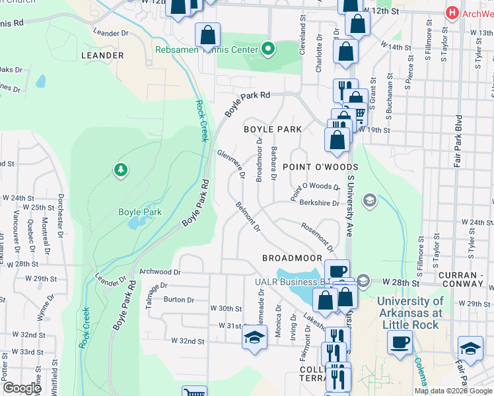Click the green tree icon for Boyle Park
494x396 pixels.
pyautogui.click(x=120, y=171)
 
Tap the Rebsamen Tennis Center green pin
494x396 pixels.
pyautogui.click(x=268, y=49)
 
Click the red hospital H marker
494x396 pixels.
pyautogui.click(x=452, y=13)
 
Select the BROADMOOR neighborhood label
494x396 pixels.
pyautogui.click(x=292, y=257)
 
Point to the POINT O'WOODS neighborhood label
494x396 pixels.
pyautogui.click(x=320, y=168)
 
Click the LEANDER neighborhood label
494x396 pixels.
pyautogui.click(x=102, y=55)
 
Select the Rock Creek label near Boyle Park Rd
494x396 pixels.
pyautogui.click(x=202, y=121)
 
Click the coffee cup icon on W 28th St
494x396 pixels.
pyautogui.click(x=337, y=271)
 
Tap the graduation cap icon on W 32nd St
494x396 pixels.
pyautogui.click(x=254, y=338)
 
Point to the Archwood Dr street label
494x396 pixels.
pyautogui.click(x=160, y=271)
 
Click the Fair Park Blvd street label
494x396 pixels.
pyautogui.click(x=458, y=143)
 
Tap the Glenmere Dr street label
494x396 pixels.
pyautogui.click(x=231, y=164)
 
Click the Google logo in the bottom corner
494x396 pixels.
pyautogui.click(x=22, y=388)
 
